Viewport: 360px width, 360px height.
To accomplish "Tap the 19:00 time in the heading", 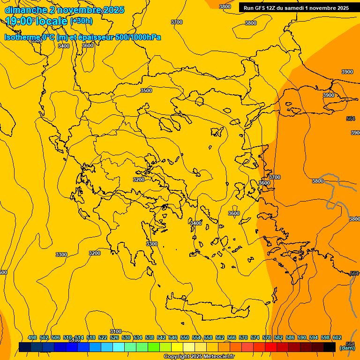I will [19, 21].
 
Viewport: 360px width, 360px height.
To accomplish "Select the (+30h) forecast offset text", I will [81, 21].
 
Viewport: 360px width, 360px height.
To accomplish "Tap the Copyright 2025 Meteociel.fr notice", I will [199, 357].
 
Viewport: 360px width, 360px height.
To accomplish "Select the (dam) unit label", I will [347, 348].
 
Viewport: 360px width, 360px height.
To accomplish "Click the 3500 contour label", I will [146, 90].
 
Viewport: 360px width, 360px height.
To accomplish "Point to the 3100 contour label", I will [116, 331].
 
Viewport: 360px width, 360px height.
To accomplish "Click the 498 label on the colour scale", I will [32, 337].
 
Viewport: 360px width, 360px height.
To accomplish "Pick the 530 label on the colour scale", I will [126, 337].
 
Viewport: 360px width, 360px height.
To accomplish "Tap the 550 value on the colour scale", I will [185, 337].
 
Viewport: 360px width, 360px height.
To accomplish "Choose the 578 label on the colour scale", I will [267, 337].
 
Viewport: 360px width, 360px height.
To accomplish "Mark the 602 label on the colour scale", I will [337, 337].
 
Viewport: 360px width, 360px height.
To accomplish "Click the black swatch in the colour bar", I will [330, 347].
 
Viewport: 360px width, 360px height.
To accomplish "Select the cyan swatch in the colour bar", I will [119, 347].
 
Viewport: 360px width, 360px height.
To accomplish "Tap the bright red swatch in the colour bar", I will [271, 347].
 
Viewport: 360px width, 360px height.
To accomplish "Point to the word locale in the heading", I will [52, 21].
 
